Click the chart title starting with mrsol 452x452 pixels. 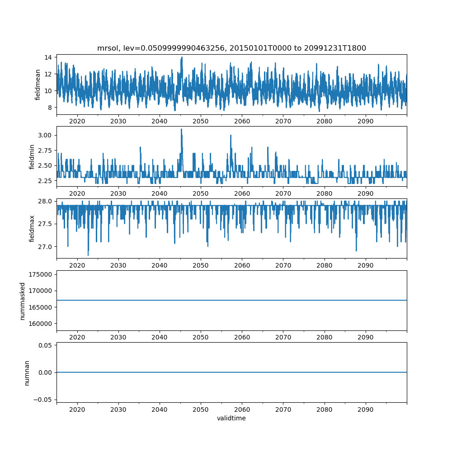(x=231, y=48)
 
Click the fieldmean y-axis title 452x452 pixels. (x=38, y=85)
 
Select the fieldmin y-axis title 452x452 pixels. (x=32, y=156)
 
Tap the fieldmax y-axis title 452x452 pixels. (x=32, y=228)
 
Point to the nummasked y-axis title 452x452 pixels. (x=22, y=301)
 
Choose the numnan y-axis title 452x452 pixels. (x=27, y=372)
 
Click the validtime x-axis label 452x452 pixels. (x=231, y=419)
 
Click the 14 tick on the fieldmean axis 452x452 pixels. (x=48, y=57)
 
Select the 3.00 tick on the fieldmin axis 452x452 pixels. (x=45, y=135)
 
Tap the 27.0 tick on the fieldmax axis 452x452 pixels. (x=45, y=247)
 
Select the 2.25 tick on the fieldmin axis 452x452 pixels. (x=45, y=181)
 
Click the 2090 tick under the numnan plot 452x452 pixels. (x=366, y=410)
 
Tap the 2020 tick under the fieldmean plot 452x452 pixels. (x=77, y=121)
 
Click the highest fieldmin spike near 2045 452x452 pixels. (x=181, y=129)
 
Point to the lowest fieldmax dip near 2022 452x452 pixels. (x=88, y=255)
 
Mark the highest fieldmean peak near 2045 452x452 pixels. (x=182, y=57)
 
